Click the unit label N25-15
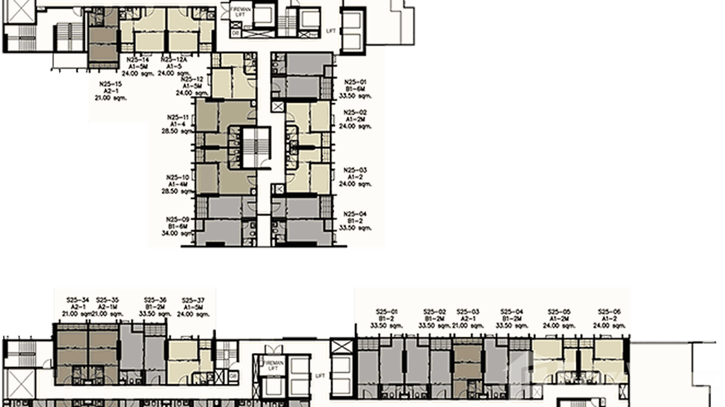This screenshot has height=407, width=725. pos(111,84)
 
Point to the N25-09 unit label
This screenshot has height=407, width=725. pos(178,219)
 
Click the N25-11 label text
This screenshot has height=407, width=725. pos(178,117)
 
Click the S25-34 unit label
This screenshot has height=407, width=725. pos(77,300)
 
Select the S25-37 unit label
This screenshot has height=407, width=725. pos(193,300)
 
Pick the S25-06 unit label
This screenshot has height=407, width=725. pos(609,311)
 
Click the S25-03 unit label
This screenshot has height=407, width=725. pos(468,311)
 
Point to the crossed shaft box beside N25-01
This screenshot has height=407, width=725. pos(278,106)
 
